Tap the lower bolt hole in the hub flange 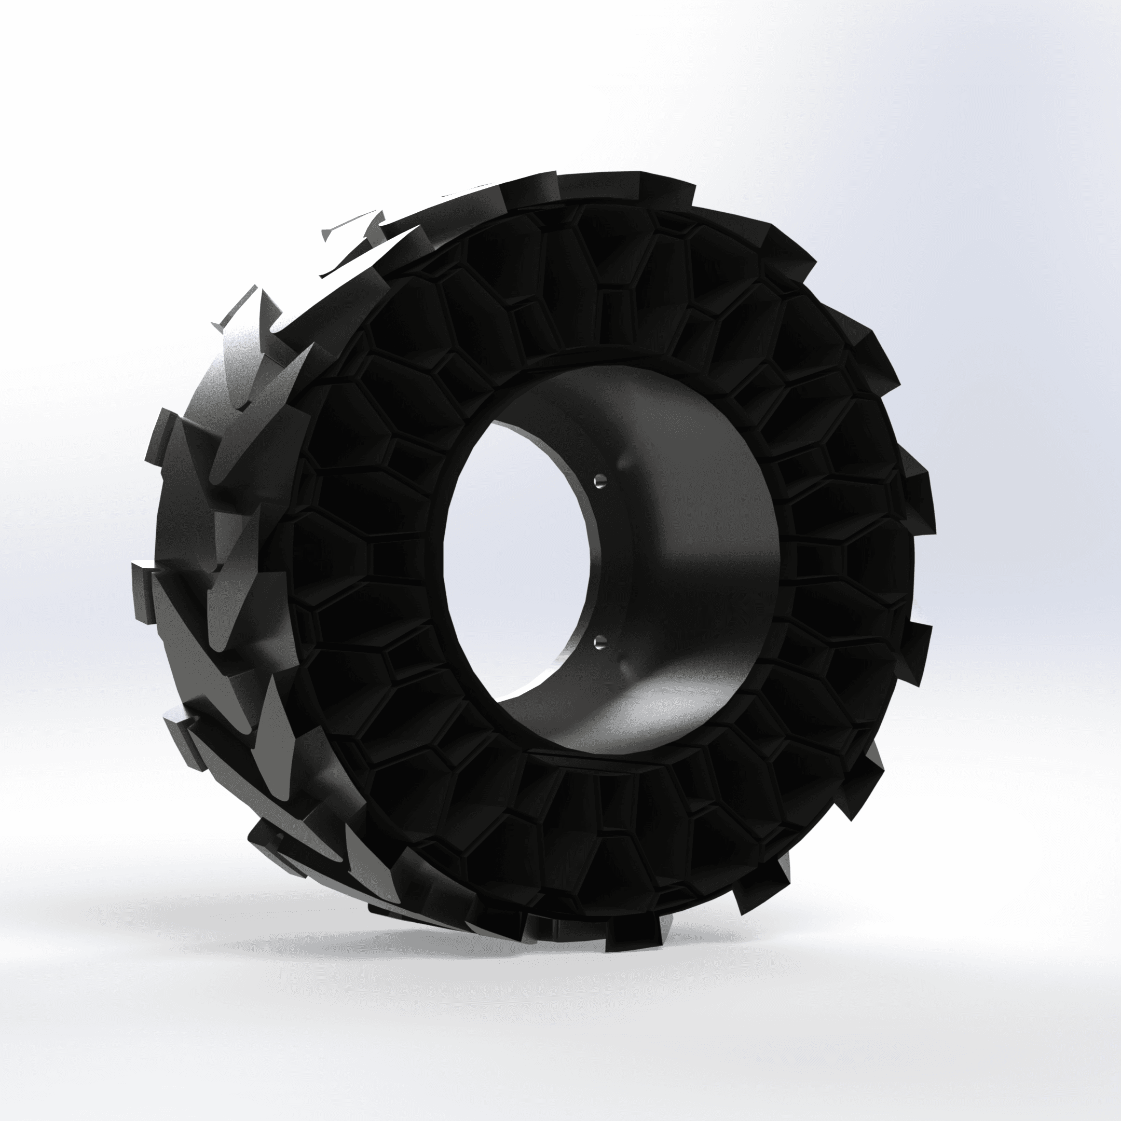600,640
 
